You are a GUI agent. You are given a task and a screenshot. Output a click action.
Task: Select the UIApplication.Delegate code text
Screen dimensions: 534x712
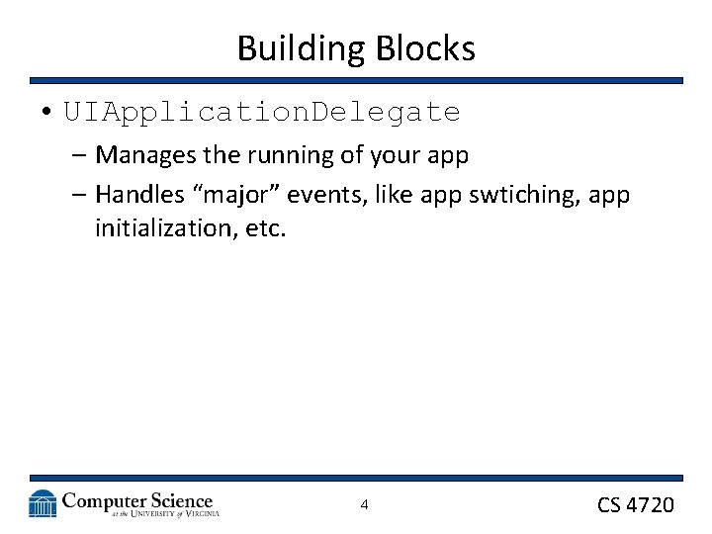262,113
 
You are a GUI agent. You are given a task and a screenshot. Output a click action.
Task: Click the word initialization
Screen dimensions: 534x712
159,228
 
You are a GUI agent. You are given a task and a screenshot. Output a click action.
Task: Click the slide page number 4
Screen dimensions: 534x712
364,505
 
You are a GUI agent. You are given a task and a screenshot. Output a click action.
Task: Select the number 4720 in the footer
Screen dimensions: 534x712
651,505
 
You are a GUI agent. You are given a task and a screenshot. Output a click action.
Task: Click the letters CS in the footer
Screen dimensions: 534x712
609,505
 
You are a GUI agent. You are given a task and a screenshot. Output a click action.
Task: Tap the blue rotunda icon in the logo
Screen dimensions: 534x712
43,504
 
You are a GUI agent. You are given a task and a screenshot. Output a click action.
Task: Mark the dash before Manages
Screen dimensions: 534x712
79,156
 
